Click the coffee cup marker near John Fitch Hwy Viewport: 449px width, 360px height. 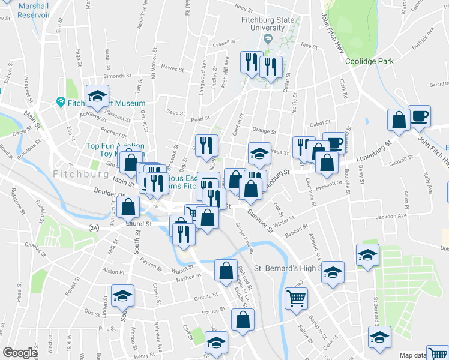(419, 115)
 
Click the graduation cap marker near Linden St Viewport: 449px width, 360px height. (122, 295)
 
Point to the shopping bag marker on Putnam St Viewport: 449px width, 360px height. (128, 208)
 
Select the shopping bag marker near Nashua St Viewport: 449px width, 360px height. (226, 270)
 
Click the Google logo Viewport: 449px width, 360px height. (20, 353)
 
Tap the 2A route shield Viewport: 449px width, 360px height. (93, 228)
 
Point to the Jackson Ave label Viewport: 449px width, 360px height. (391, 216)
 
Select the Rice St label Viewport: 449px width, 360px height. (309, 45)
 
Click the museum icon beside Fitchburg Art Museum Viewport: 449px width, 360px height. (60, 103)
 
